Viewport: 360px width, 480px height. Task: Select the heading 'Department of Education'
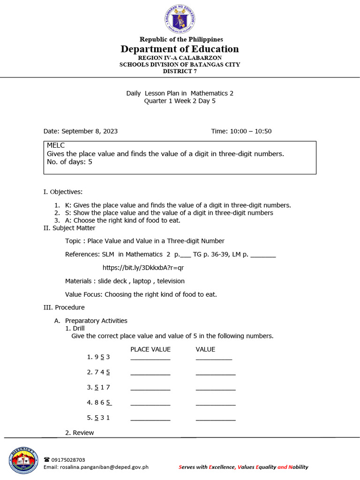pyautogui.click(x=180, y=49)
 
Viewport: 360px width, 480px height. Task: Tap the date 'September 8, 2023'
pyautogui.click(x=90, y=131)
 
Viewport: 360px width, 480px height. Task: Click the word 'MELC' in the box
pyautogui.click(x=56, y=146)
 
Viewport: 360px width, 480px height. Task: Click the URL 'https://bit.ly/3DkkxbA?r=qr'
pyautogui.click(x=143, y=268)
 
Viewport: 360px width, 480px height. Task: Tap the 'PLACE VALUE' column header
pyautogui.click(x=150, y=349)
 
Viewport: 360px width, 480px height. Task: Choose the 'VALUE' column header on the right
pyautogui.click(x=205, y=349)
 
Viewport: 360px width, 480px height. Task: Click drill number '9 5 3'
pyautogui.click(x=102, y=357)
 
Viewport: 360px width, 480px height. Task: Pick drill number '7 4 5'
pyautogui.click(x=102, y=372)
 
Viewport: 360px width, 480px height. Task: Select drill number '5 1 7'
pyautogui.click(x=102, y=387)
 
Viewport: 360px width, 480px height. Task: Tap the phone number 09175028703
pyautogui.click(x=68, y=460)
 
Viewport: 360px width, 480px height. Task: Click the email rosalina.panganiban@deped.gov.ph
pyautogui.click(x=96, y=467)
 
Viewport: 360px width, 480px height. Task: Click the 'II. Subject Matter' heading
pyautogui.click(x=69, y=228)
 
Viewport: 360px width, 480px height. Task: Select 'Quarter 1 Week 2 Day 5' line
pyautogui.click(x=180, y=101)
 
